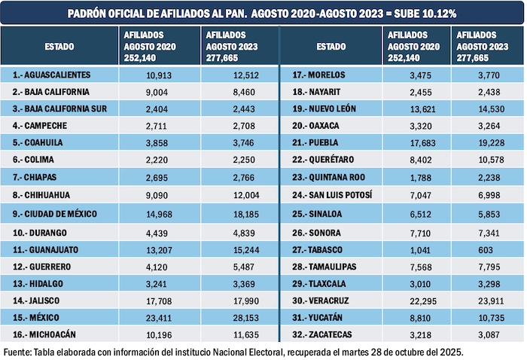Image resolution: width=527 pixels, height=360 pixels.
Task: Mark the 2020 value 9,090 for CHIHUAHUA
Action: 154,196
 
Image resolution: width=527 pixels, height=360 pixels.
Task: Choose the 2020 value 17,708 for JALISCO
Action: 154,300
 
